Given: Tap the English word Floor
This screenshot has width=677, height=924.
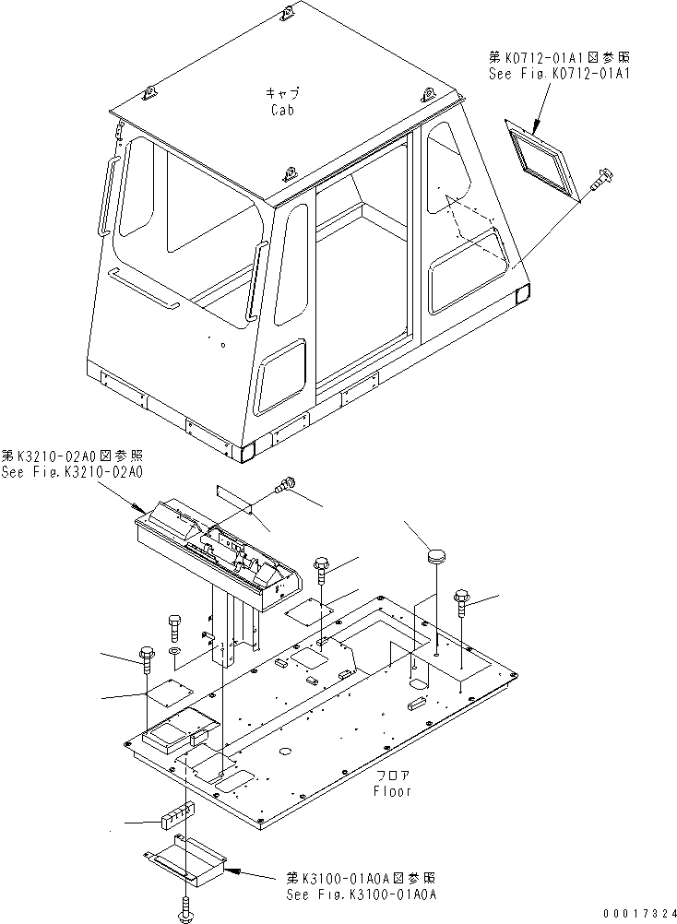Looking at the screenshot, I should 393,791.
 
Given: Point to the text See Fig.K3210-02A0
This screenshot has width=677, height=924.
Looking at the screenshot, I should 72,471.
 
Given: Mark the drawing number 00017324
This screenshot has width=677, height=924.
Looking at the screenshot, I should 635,913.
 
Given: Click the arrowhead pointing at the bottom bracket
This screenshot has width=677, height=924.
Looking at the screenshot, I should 231,870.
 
